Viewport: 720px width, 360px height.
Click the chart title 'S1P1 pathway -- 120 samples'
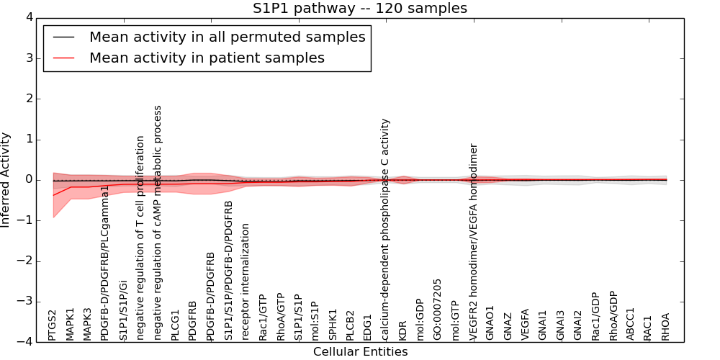(359, 9)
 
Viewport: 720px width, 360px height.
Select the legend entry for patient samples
(207, 58)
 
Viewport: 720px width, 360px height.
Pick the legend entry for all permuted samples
(227, 37)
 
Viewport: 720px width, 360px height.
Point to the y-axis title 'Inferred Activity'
(6, 180)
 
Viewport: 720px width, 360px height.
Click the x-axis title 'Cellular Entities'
(360, 352)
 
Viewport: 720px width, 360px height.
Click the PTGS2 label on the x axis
(53, 325)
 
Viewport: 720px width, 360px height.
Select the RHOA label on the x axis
(666, 326)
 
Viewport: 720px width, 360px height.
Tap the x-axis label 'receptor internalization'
(246, 282)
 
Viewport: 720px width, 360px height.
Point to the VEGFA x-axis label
(526, 324)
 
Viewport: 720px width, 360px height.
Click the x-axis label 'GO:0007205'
(438, 309)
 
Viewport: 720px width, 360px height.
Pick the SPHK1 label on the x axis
(333, 325)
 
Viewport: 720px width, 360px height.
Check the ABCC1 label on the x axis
(631, 324)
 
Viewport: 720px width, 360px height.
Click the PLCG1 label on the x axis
(176, 325)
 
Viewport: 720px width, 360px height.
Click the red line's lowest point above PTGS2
(53, 195)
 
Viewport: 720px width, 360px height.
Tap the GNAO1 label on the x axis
(490, 323)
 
